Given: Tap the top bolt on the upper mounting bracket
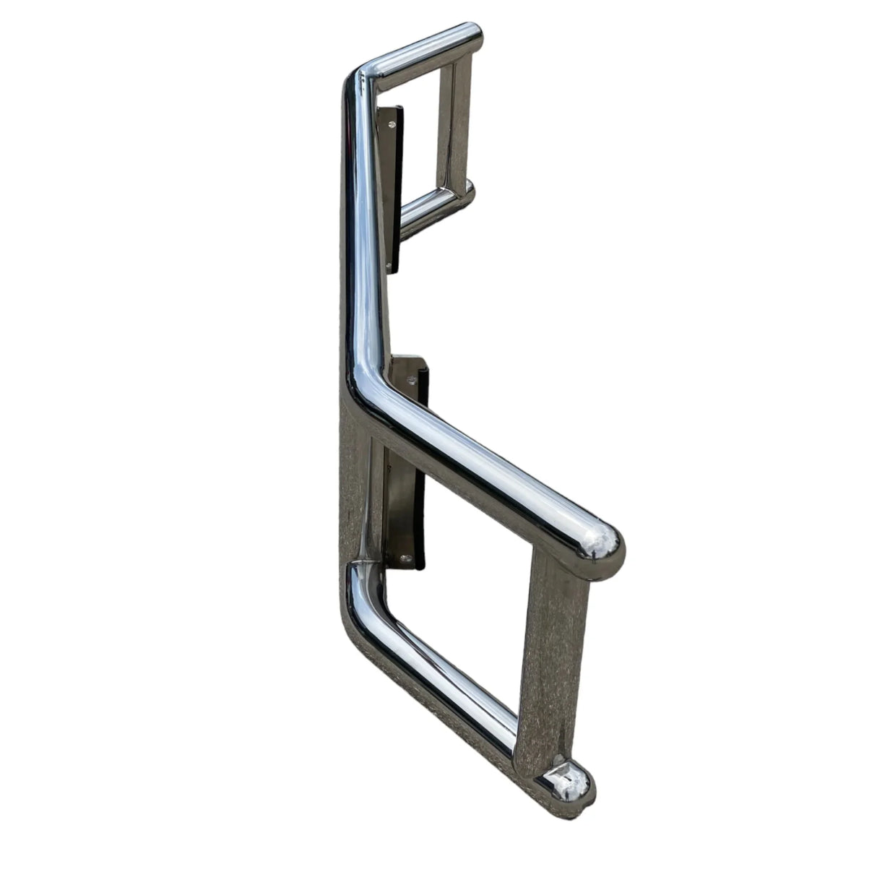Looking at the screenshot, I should [392, 124].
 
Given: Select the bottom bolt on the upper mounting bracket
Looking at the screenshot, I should [390, 268].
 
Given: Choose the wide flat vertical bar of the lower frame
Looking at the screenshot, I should [552, 650].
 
